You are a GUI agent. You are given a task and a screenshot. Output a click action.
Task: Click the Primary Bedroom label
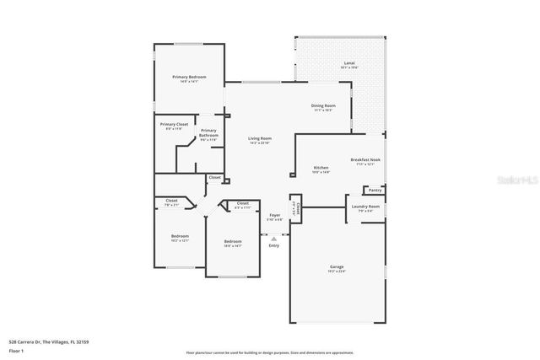[x=190, y=78]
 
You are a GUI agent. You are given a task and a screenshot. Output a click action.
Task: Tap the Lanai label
[x=348, y=63]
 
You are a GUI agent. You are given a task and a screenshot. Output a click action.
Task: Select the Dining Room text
[x=324, y=105]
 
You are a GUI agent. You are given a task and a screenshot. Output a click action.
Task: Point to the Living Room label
[x=259, y=138]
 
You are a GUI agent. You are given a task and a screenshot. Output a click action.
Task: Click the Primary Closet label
[x=175, y=125]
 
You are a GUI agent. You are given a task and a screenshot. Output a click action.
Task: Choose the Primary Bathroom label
[x=208, y=132]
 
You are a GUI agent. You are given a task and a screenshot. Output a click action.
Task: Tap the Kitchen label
[x=321, y=168]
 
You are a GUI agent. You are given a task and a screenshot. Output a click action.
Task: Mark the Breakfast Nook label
[x=365, y=159]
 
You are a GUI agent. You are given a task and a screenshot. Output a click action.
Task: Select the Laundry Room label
[x=366, y=207]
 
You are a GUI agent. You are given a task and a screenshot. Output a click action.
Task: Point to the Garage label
[x=337, y=267]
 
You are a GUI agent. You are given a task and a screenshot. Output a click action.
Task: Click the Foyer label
[x=274, y=215]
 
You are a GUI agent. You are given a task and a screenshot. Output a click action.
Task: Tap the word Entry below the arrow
[x=273, y=245]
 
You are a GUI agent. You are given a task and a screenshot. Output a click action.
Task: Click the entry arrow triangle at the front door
[x=273, y=238]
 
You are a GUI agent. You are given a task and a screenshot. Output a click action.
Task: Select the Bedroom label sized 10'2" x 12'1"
[x=180, y=236]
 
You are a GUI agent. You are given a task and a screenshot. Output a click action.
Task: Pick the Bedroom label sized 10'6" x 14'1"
[x=233, y=241]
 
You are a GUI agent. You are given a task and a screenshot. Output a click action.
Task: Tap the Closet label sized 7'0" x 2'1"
[x=171, y=201]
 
